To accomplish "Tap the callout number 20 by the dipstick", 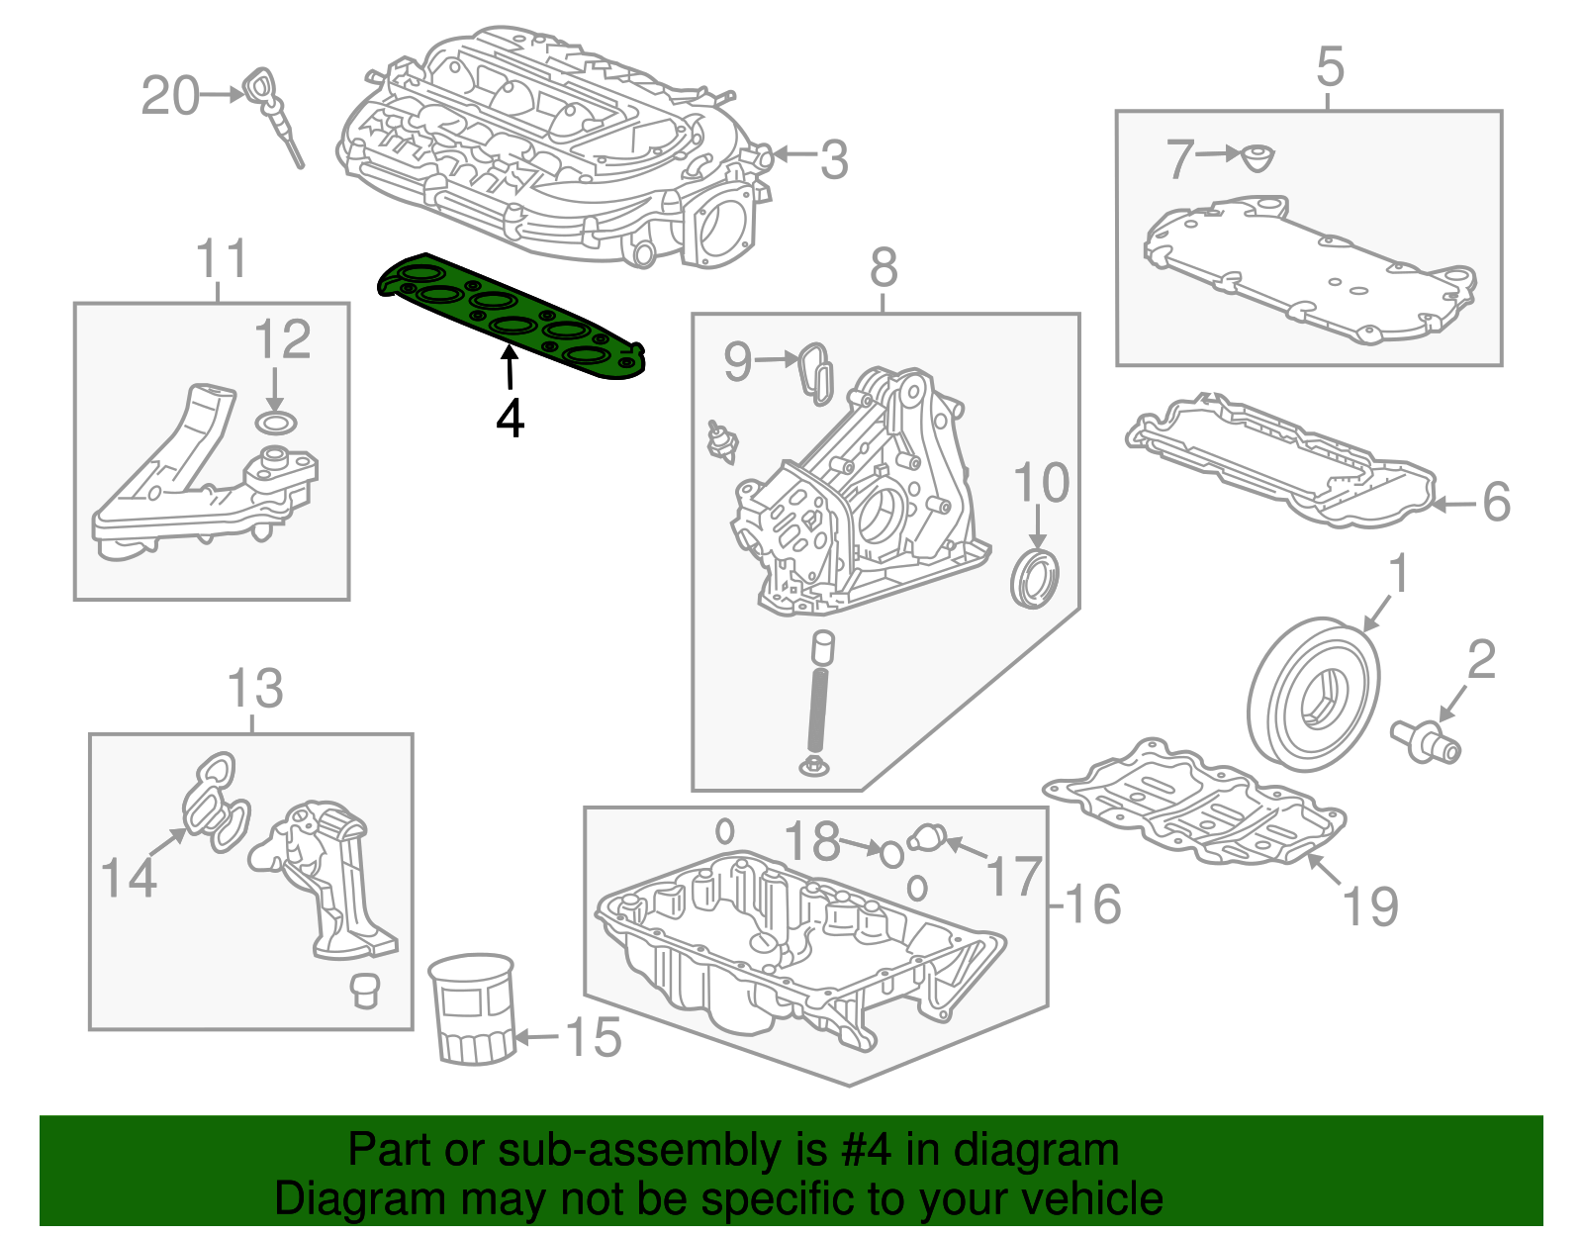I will pyautogui.click(x=170, y=96).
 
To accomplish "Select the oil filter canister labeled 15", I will pyautogui.click(x=474, y=1009).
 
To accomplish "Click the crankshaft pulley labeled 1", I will pyautogui.click(x=1312, y=693).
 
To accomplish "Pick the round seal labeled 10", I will pyautogui.click(x=1035, y=581).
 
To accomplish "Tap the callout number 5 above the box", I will pyautogui.click(x=1331, y=66).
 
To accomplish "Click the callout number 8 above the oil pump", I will pyautogui.click(x=884, y=267).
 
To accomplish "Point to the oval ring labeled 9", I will pyautogui.click(x=816, y=374).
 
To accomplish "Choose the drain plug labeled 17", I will pyautogui.click(x=929, y=837).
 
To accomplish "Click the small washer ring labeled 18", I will pyautogui.click(x=891, y=853).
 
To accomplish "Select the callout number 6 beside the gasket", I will pyautogui.click(x=1496, y=502).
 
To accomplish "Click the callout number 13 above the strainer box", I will pyautogui.click(x=255, y=688).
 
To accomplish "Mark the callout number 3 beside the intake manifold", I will pyautogui.click(x=834, y=159).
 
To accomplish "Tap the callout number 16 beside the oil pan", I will pyautogui.click(x=1091, y=903).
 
